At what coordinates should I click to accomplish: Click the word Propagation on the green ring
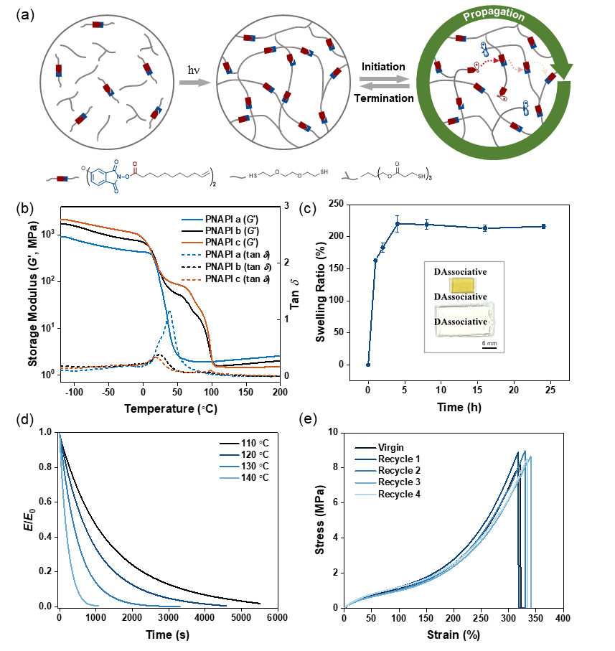click(x=494, y=15)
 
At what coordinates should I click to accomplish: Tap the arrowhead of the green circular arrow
click(x=564, y=72)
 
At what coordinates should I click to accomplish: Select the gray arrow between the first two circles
click(x=194, y=83)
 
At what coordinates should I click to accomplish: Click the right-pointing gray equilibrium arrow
click(x=385, y=78)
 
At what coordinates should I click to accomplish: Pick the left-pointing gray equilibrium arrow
click(x=384, y=87)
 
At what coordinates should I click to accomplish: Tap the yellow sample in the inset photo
click(x=463, y=284)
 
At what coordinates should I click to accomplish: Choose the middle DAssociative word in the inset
click(x=461, y=296)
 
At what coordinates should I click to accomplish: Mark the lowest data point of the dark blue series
click(x=368, y=365)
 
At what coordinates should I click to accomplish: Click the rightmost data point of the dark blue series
click(x=543, y=226)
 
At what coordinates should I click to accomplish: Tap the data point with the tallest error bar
click(x=398, y=223)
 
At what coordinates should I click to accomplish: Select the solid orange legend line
click(x=192, y=243)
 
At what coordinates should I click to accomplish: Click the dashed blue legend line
click(x=192, y=255)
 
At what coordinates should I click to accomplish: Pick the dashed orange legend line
click(x=192, y=279)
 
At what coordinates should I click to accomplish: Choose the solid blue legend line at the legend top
click(x=192, y=219)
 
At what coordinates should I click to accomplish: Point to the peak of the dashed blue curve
click(x=169, y=312)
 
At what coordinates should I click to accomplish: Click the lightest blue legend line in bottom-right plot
click(x=365, y=495)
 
